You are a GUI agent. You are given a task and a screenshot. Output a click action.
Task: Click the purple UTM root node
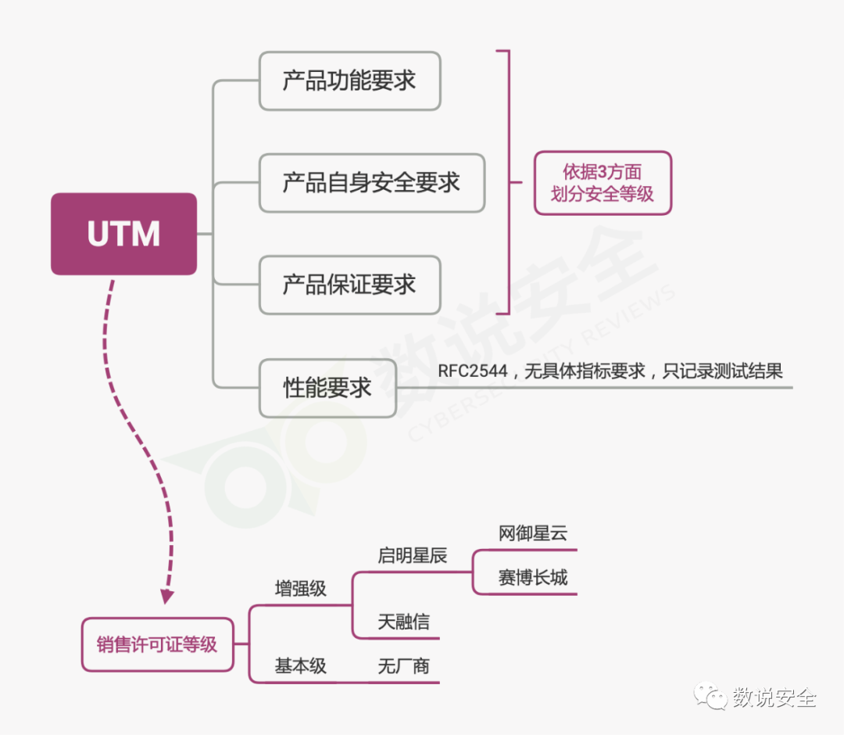(123, 235)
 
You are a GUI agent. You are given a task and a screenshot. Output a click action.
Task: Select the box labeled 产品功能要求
(350, 81)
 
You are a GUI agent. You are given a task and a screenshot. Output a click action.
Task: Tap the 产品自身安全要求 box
(372, 183)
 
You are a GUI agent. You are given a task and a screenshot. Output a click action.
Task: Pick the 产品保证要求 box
(350, 285)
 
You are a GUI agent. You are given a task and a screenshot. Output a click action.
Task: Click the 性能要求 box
(327, 389)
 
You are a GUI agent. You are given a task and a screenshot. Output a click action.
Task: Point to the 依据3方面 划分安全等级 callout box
(603, 183)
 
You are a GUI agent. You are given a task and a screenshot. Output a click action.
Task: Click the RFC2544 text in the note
(473, 371)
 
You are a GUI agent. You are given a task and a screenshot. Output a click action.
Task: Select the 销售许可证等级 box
(157, 644)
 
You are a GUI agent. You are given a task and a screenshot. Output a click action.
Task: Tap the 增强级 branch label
(300, 589)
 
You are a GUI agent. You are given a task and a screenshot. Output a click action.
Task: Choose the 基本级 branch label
(300, 666)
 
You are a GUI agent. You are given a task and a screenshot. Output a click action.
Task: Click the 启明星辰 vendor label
(413, 555)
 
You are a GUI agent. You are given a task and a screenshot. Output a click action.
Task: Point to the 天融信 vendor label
(404, 622)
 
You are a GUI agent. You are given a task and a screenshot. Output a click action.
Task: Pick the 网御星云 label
(533, 533)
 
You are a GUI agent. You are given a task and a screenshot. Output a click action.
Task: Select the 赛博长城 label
(533, 577)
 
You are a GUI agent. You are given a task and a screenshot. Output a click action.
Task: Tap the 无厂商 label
(404, 666)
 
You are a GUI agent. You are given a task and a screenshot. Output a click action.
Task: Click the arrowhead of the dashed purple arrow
(167, 597)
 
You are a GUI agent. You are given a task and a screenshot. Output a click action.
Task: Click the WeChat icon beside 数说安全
(710, 696)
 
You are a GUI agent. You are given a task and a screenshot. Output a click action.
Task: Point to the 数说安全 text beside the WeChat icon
(774, 697)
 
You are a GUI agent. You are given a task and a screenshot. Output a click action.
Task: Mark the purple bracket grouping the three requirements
(510, 182)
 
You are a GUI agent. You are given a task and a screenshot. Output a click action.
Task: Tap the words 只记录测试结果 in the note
(722, 371)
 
